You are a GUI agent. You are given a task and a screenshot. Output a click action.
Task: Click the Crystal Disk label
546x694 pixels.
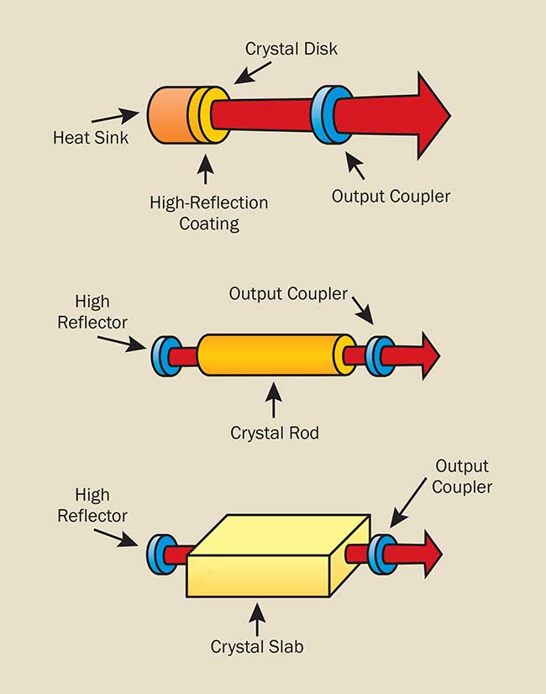pos(291,49)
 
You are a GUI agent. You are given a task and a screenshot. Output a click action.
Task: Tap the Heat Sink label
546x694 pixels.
pos(91,138)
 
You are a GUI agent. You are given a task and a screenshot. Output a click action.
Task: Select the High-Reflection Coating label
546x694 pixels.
pos(209,213)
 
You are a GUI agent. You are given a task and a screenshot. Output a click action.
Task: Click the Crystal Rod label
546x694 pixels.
pos(275,433)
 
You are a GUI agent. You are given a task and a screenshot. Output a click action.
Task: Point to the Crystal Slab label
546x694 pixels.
pos(257,647)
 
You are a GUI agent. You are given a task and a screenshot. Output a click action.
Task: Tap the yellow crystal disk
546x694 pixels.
pos(208,115)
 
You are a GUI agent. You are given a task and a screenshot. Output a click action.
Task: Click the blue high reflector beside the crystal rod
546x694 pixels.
pos(165,356)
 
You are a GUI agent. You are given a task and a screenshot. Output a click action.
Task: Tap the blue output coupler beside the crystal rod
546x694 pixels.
pos(380,356)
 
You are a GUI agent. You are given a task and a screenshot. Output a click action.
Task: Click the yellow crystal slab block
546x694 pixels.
pos(279,556)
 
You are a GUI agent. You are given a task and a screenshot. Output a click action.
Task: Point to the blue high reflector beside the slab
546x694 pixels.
pos(161,555)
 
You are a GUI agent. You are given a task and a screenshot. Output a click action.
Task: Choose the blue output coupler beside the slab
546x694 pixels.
pos(382,555)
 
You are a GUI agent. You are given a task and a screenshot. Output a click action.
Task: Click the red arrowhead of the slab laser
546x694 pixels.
pos(433,555)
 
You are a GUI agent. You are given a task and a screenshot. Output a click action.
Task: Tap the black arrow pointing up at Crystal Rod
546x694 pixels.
pos(274,400)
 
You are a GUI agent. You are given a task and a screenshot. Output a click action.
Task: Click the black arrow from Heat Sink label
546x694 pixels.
pos(115,116)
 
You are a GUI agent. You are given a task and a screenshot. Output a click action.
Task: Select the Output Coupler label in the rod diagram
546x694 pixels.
pos(288,294)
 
